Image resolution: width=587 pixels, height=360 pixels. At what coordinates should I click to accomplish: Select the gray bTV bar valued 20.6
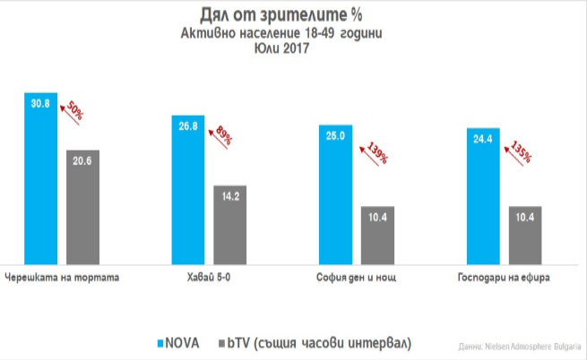coord(82,205)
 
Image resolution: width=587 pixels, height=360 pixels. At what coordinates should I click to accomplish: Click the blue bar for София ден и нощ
coord(336,193)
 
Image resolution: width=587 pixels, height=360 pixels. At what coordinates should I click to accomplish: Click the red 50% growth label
coord(73,115)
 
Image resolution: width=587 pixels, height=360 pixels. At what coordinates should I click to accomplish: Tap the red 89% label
coord(221,137)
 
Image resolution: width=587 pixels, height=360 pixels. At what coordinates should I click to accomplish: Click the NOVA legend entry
coord(178,342)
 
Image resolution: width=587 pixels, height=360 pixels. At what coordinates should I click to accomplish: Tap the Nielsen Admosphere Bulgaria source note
coord(531,346)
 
